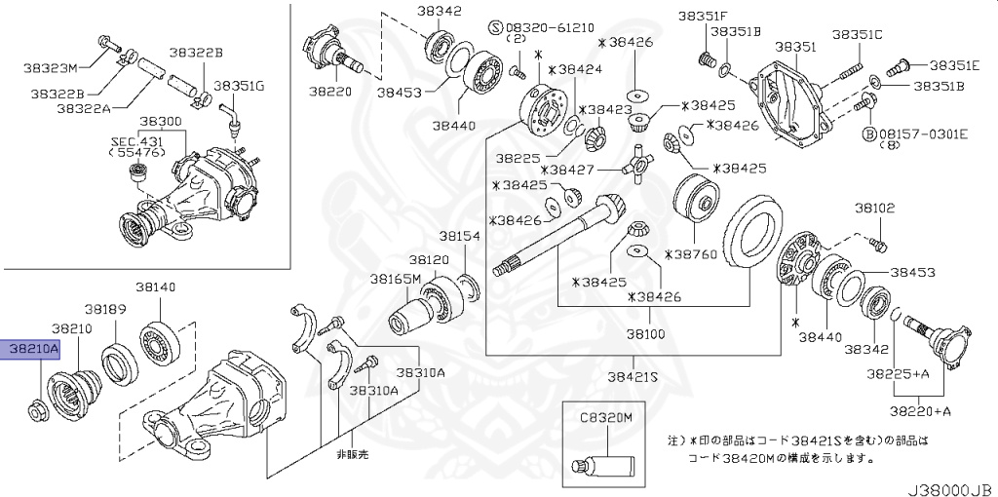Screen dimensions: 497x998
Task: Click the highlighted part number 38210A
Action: (x=33, y=348)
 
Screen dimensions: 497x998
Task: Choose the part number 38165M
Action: (x=395, y=279)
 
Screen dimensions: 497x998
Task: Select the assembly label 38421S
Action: (x=633, y=375)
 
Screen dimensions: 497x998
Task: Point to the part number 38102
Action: (x=874, y=208)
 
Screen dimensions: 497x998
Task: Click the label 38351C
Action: (x=857, y=35)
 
